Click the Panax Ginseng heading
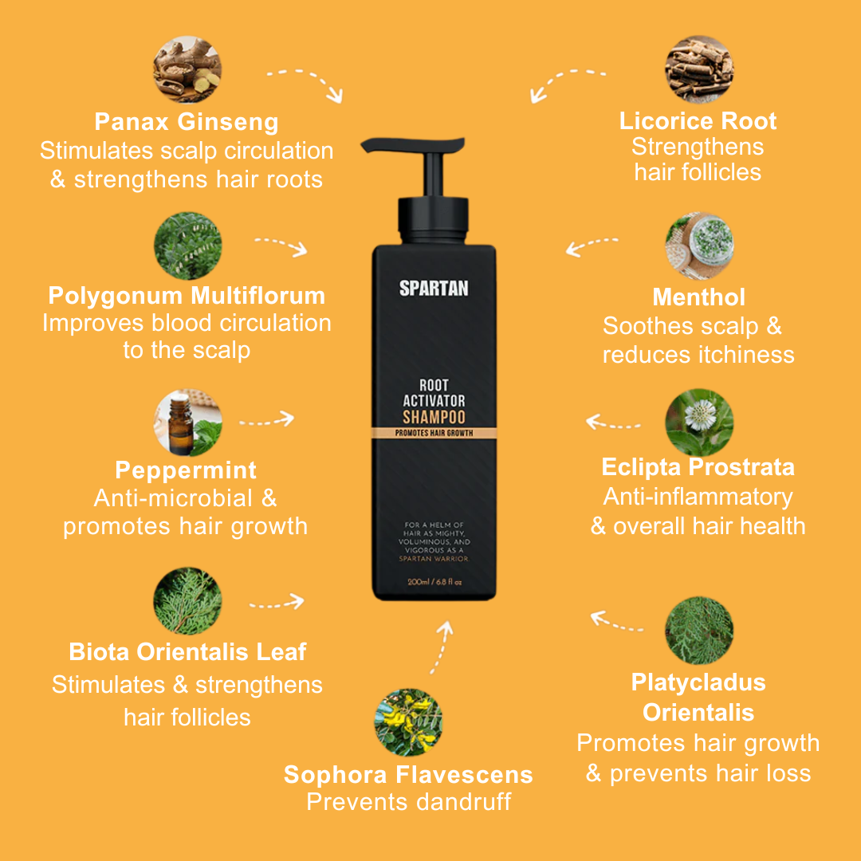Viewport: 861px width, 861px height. click(x=187, y=122)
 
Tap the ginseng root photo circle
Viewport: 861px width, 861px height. click(x=187, y=69)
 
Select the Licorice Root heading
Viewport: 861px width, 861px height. click(x=698, y=121)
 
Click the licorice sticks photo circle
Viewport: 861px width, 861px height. click(x=699, y=69)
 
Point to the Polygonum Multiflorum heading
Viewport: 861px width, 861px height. click(x=187, y=296)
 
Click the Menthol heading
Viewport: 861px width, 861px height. click(x=698, y=297)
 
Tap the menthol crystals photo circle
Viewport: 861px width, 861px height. click(x=699, y=245)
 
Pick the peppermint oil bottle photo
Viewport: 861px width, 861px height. click(x=187, y=423)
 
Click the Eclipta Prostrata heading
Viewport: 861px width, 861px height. click(x=698, y=467)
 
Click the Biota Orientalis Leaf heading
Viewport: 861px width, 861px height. click(x=187, y=652)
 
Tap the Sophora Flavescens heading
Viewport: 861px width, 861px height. click(x=408, y=774)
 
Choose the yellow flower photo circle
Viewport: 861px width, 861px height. click(x=408, y=722)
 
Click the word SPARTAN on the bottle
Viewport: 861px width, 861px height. click(x=434, y=288)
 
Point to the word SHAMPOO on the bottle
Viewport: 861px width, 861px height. click(x=434, y=417)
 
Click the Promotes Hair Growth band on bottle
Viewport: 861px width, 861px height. click(x=434, y=432)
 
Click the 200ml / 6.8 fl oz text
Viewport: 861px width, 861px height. click(x=434, y=582)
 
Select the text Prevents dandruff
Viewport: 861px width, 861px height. click(x=408, y=801)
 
